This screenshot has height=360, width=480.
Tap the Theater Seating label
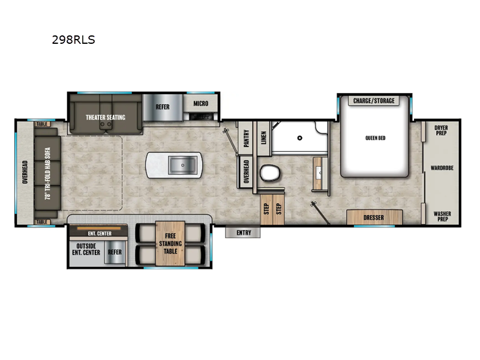[105, 117]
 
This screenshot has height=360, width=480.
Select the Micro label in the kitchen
[201, 104]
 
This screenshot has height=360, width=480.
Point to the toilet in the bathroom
[268, 173]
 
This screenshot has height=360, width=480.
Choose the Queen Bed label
[375, 138]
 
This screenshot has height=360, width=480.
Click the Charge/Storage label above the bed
[374, 101]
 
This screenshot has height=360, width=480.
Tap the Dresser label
[374, 217]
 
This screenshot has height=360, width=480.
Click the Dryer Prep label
[441, 130]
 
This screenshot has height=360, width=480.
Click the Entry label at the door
[244, 233]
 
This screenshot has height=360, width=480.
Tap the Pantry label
[245, 140]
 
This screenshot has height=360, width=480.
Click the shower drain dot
[298, 137]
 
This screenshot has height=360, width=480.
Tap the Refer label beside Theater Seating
[163, 107]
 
